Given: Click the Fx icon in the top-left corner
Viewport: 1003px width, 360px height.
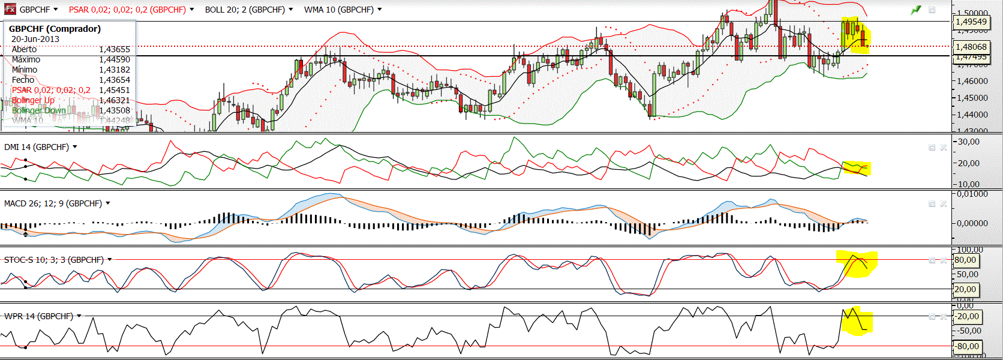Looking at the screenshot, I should (x=10, y=9).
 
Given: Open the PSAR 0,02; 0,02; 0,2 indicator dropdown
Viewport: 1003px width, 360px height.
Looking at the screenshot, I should (x=192, y=10).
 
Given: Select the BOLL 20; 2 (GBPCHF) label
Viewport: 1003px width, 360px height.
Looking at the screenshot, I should (x=244, y=10).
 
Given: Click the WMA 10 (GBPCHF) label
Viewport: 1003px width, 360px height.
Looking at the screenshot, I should (x=338, y=10).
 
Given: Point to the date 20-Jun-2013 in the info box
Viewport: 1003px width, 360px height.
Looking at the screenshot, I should (x=35, y=39).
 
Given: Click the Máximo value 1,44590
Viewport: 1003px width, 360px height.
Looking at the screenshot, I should (x=114, y=59).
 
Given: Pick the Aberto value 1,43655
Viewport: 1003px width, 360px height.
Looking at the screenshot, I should (x=114, y=49).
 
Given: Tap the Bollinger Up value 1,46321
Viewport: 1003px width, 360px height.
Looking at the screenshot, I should (x=114, y=100).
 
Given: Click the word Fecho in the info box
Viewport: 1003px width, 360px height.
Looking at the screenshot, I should (x=23, y=80).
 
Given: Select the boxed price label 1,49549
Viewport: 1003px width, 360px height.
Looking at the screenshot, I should (x=971, y=22).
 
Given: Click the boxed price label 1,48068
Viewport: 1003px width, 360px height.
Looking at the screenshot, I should (x=971, y=46).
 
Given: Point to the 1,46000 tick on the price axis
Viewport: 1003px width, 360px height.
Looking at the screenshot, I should (x=972, y=80).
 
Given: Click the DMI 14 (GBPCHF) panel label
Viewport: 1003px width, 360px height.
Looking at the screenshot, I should (x=36, y=147).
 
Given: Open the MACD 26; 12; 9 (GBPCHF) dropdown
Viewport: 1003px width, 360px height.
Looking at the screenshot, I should (x=108, y=203).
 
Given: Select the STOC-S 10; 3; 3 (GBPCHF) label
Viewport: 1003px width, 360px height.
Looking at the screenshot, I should (x=53, y=260).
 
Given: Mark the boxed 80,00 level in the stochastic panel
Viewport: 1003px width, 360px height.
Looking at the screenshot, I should (x=965, y=260).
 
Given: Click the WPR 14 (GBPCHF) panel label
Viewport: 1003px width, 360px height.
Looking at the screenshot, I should (x=38, y=316).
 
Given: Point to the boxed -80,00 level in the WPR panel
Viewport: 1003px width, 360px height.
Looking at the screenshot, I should (x=967, y=346).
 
